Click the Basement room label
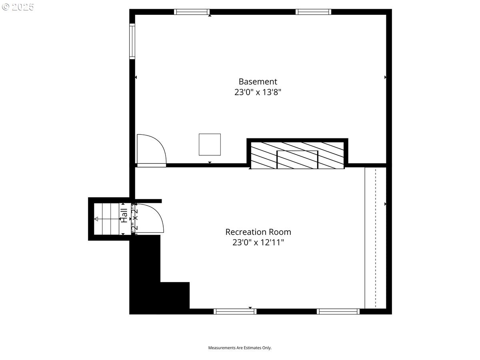(x=258, y=82)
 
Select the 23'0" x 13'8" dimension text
(x=258, y=92)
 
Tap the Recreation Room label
(x=258, y=232)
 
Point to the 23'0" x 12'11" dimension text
(x=258, y=242)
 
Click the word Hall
(x=124, y=215)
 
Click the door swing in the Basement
(x=150, y=150)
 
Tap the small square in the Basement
(x=210, y=144)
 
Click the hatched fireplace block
(x=297, y=154)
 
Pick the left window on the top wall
(x=192, y=12)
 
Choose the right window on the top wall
(x=313, y=12)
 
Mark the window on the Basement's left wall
(x=132, y=41)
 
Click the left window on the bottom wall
(x=235, y=311)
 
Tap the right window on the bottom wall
(x=338, y=311)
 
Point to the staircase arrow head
(x=96, y=219)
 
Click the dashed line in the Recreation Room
(x=375, y=238)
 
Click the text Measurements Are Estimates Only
(x=240, y=348)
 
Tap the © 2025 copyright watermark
(x=18, y=7)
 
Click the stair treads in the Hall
(x=107, y=219)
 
